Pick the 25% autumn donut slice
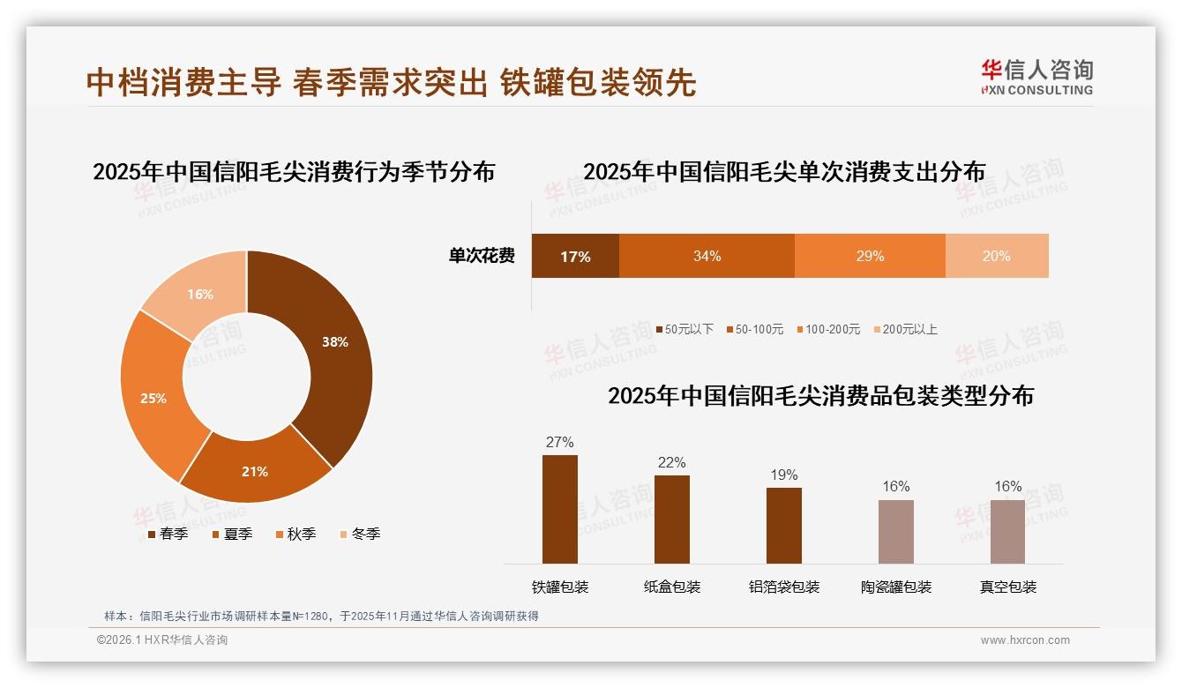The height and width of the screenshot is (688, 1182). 153,398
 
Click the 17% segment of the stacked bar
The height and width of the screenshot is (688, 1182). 575,257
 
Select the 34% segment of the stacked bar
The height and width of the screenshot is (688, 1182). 707,257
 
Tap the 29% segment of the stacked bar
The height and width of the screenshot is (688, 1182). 870,257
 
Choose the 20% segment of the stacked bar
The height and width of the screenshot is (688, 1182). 997,257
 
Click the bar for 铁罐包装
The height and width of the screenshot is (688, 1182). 560,509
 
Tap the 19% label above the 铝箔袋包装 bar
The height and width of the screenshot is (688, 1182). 783,475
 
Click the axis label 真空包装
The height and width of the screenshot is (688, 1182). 1008,587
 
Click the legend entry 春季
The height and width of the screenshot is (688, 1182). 168,534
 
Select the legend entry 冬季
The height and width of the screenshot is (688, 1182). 359,534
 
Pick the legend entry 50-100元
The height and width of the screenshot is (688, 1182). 754,329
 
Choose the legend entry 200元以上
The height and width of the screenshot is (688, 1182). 905,329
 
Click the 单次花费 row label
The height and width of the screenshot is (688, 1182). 482,257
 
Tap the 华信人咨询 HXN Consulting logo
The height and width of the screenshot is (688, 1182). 1036,77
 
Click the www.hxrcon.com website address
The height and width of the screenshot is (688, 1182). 1025,640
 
